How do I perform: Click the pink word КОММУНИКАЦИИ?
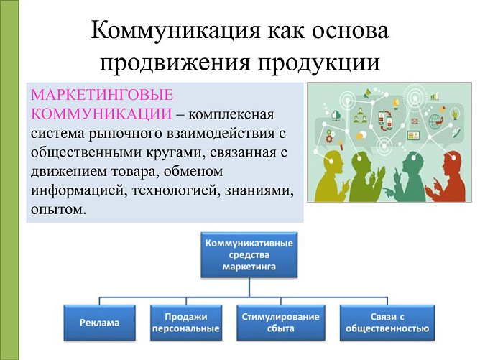[x=98, y=114]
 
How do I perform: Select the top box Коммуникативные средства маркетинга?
[x=249, y=255]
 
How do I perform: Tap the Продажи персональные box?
[x=185, y=323]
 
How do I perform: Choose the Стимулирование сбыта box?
[x=278, y=323]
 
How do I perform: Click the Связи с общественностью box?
[x=387, y=323]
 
